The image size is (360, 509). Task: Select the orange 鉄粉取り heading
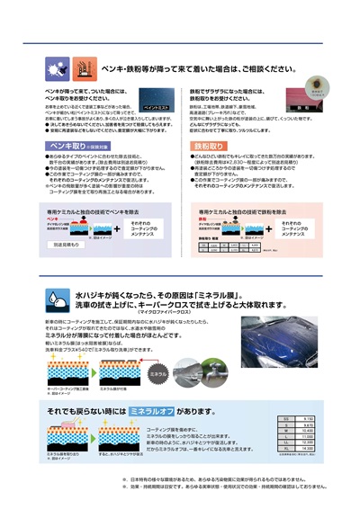pyautogui.click(x=209, y=144)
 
